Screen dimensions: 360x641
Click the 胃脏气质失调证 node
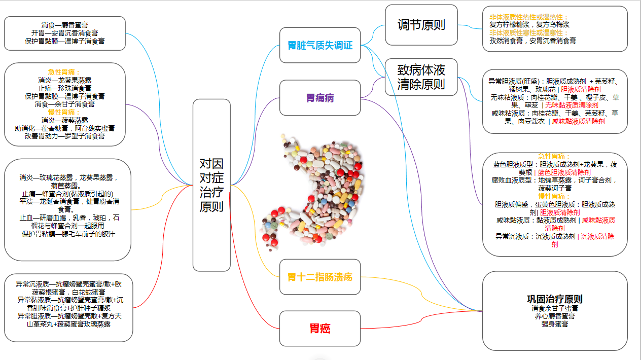(x=320, y=46)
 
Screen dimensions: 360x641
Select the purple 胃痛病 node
(x=320, y=98)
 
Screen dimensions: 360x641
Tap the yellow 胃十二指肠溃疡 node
(x=320, y=277)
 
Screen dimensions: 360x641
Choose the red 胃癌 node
(x=320, y=329)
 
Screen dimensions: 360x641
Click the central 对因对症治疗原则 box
(x=211, y=185)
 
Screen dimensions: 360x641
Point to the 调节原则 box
(x=421, y=25)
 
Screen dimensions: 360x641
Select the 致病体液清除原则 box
(x=421, y=77)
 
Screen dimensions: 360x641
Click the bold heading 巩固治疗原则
(x=555, y=299)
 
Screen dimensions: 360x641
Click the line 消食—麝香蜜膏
(x=64, y=25)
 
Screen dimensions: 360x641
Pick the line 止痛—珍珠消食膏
(x=64, y=88)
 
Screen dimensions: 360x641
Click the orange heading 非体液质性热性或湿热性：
(x=529, y=17)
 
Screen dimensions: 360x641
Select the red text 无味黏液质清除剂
(x=572, y=105)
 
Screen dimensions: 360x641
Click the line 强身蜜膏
(x=555, y=323)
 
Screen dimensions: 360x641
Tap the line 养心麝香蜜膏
(x=555, y=316)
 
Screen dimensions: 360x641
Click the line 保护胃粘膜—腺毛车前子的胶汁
(x=68, y=234)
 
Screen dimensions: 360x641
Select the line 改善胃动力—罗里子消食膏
(x=64, y=136)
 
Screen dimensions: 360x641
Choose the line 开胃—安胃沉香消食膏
(x=64, y=33)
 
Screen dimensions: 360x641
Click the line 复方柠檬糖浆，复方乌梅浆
(x=529, y=24)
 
